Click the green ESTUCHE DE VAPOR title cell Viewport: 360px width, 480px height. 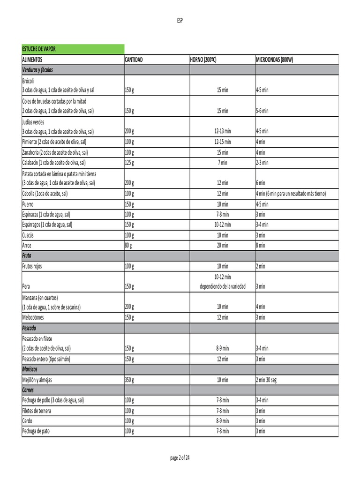tap(73, 49)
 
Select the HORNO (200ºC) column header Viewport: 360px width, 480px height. tap(203, 60)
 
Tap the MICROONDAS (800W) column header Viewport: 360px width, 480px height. tap(274, 60)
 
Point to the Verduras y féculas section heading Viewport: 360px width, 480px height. tap(37, 70)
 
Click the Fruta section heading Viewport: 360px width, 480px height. tap(27, 255)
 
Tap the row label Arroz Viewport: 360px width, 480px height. tap(27, 245)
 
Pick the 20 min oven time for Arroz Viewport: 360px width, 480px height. tap(223, 245)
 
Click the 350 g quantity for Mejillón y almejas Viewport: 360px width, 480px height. tap(130, 380)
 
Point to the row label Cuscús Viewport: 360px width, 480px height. tap(29, 235)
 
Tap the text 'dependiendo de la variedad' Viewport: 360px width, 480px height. tap(223, 286)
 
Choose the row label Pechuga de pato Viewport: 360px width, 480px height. tap(36, 431)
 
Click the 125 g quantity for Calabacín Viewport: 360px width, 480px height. tap(130, 163)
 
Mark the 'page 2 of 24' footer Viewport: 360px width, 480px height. tap(180, 458)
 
